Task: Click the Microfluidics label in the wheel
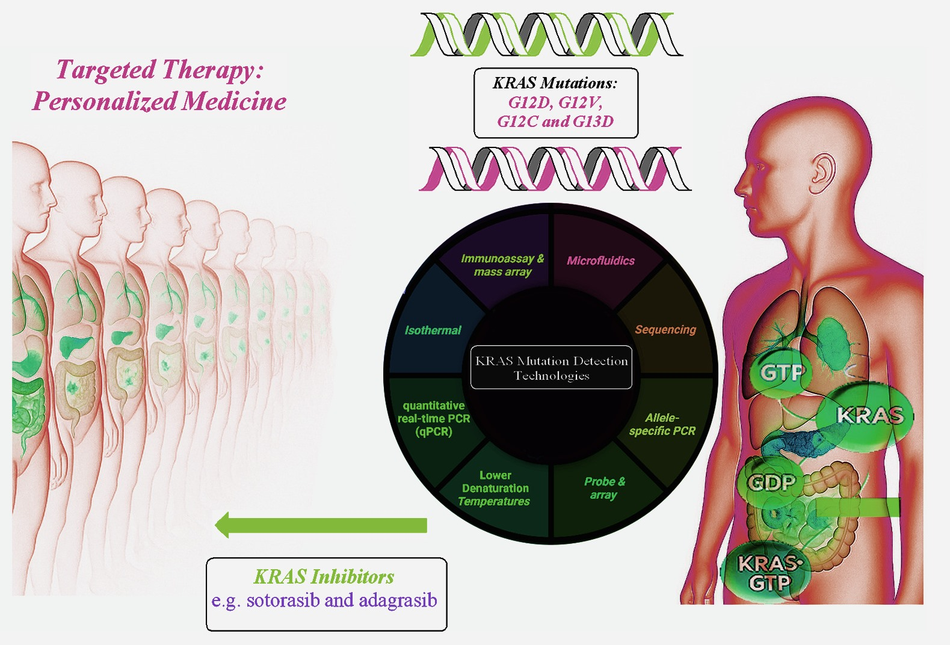pyautogui.click(x=600, y=261)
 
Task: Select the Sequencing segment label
pyautogui.click(x=665, y=330)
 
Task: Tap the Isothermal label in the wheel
pyautogui.click(x=433, y=330)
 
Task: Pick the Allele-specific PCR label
pyautogui.click(x=662, y=424)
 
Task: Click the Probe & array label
pyautogui.click(x=604, y=488)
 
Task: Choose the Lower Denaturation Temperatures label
pyautogui.click(x=495, y=488)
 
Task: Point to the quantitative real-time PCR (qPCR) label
pyautogui.click(x=434, y=418)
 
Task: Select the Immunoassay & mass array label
pyautogui.click(x=502, y=265)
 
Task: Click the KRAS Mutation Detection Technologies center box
pyautogui.click(x=551, y=368)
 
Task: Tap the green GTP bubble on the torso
pyautogui.click(x=781, y=372)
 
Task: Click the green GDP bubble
pyautogui.click(x=771, y=483)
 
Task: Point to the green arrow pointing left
pyautogui.click(x=321, y=525)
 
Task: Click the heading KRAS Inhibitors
pyautogui.click(x=324, y=576)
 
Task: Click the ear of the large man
pyautogui.click(x=821, y=173)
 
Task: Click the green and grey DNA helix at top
pyautogui.click(x=546, y=35)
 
